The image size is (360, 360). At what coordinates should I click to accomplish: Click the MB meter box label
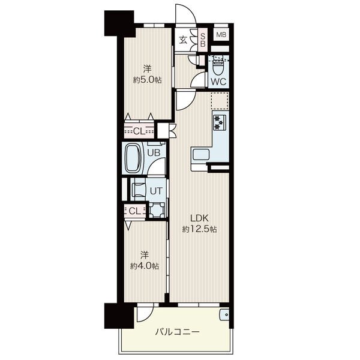(221, 35)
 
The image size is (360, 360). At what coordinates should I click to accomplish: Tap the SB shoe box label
(203, 40)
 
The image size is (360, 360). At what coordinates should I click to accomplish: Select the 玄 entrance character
(183, 40)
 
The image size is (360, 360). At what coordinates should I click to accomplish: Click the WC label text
(218, 81)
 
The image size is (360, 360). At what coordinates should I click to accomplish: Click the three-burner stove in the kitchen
(220, 122)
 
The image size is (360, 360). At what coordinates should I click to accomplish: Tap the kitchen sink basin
(201, 155)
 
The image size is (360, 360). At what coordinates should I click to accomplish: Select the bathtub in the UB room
(133, 158)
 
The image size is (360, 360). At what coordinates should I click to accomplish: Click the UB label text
(154, 152)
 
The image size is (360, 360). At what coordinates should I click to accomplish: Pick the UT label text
(156, 191)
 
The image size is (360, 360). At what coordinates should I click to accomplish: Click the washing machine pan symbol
(157, 210)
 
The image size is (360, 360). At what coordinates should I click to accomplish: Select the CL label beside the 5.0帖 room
(139, 131)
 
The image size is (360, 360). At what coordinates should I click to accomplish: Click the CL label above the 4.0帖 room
(134, 211)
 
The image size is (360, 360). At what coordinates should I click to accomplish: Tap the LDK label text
(199, 218)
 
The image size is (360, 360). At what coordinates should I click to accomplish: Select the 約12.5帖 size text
(200, 229)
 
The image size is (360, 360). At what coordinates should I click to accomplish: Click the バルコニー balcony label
(177, 332)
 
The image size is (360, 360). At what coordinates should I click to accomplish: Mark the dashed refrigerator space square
(220, 101)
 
